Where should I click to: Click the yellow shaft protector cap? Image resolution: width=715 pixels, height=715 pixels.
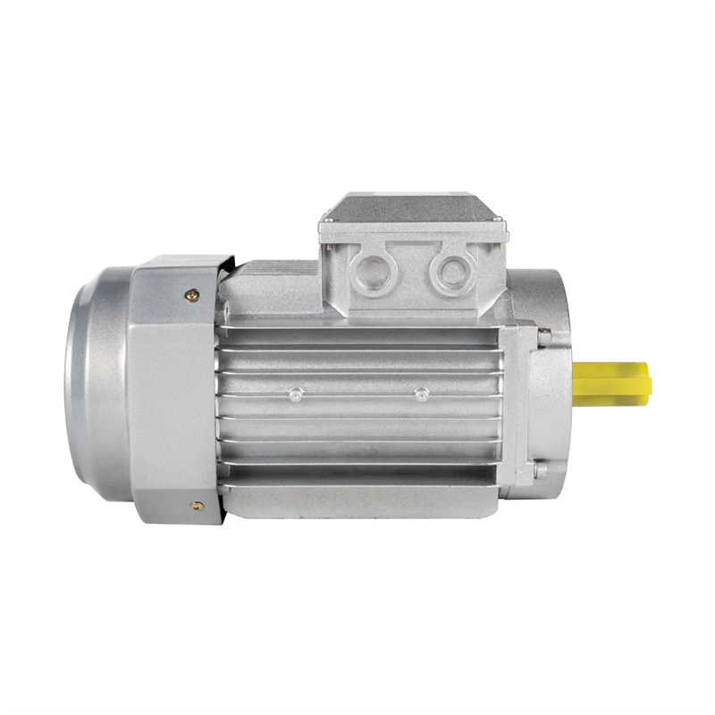point(611,383)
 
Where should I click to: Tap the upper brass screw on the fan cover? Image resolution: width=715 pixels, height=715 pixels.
point(191,295)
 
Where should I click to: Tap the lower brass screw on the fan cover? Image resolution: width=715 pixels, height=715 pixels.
point(196,506)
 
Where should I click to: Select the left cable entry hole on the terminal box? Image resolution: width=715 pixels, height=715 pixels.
point(371,273)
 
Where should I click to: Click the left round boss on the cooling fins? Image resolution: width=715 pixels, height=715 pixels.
point(296,393)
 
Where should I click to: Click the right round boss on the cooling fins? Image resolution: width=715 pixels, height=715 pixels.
point(422,393)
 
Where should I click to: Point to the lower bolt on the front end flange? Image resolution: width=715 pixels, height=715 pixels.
point(540,468)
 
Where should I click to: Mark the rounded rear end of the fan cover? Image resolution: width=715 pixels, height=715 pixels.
point(89,384)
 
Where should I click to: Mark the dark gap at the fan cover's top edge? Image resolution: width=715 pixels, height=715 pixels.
point(227,265)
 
